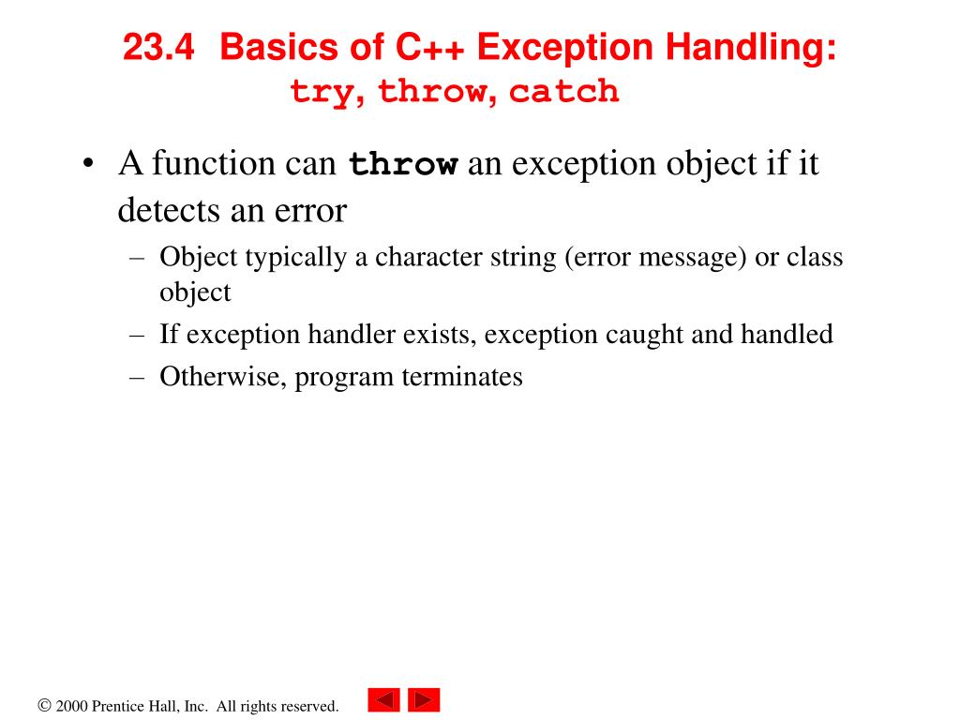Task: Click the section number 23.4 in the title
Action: pos(157,49)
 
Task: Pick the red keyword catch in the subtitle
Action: pos(564,92)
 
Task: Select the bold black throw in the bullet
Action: pos(403,165)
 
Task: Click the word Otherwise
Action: pos(223,377)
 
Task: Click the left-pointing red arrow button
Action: pos(383,700)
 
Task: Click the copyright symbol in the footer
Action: pos(44,706)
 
